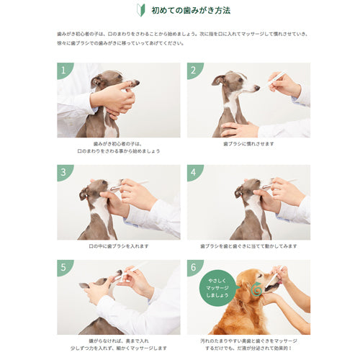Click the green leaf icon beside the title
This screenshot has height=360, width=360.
click(141, 10)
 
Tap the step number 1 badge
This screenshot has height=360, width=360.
click(63, 70)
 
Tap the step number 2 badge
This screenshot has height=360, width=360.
click(193, 70)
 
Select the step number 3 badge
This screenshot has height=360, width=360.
click(63, 172)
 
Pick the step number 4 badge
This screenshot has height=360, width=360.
click(193, 172)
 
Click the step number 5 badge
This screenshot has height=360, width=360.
click(63, 267)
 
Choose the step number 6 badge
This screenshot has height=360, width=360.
click(193, 267)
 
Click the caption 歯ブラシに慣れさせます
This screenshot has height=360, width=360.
click(248, 143)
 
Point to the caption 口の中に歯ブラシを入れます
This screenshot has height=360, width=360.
click(118, 246)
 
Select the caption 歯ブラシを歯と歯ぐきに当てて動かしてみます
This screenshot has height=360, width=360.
click(248, 246)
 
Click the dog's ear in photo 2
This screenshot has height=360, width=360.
click(217, 80)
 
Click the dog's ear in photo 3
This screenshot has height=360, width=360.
click(84, 192)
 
